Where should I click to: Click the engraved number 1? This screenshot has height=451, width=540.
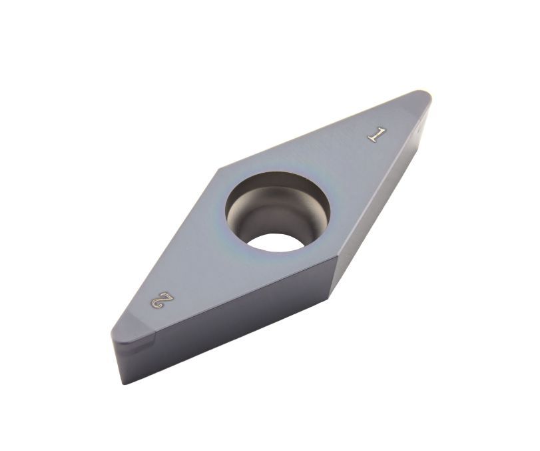tap(376, 135)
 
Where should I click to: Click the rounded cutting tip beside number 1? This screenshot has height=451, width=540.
tap(425, 95)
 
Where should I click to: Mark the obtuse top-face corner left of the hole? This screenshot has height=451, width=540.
tap(220, 169)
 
